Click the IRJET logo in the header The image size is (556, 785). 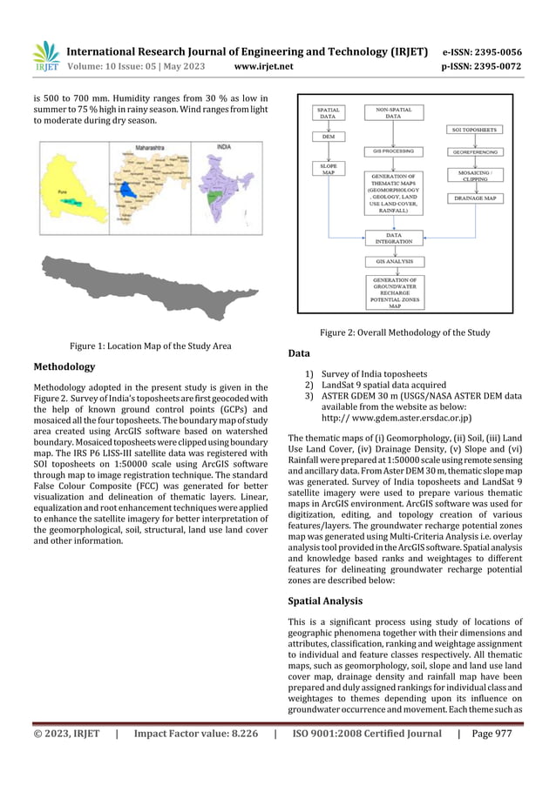point(45,57)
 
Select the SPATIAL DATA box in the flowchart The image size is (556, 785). point(329,112)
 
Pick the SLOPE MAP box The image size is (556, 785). point(329,169)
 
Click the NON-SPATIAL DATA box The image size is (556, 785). point(393,112)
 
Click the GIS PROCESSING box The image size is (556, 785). point(393,150)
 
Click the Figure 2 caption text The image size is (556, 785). point(404,332)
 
